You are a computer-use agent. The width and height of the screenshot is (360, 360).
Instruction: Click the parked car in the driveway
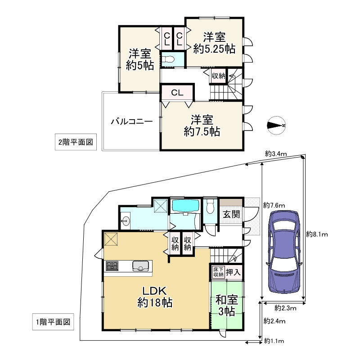(x=284, y=252)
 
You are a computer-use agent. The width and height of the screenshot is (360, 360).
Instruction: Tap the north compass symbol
(x=276, y=126)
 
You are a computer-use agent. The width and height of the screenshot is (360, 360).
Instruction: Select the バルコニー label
(x=132, y=121)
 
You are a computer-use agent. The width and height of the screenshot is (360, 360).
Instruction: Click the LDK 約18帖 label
(x=155, y=297)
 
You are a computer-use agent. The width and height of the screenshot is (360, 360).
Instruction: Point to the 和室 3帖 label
(x=227, y=306)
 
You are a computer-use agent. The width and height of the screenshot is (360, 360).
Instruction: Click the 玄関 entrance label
(x=231, y=215)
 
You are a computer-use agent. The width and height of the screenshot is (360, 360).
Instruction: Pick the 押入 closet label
(x=233, y=272)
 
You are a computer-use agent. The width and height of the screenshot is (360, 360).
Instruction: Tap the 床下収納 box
(x=218, y=272)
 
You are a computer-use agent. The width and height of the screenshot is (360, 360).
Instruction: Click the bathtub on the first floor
(x=185, y=206)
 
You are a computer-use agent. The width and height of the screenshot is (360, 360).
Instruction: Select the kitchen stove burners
(x=112, y=266)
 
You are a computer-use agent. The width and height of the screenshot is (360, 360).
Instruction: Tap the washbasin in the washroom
(x=125, y=221)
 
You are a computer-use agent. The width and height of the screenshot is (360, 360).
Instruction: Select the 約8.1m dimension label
(x=317, y=234)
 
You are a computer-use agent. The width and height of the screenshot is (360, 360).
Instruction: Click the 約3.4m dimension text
(x=276, y=153)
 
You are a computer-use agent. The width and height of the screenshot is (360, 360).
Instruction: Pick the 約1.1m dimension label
(x=274, y=341)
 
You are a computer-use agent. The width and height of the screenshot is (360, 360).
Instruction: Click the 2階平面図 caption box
(x=76, y=142)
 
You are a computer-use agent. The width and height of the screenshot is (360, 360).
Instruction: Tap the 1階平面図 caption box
(x=53, y=322)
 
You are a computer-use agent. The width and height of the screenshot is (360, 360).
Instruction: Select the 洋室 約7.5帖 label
(x=202, y=126)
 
